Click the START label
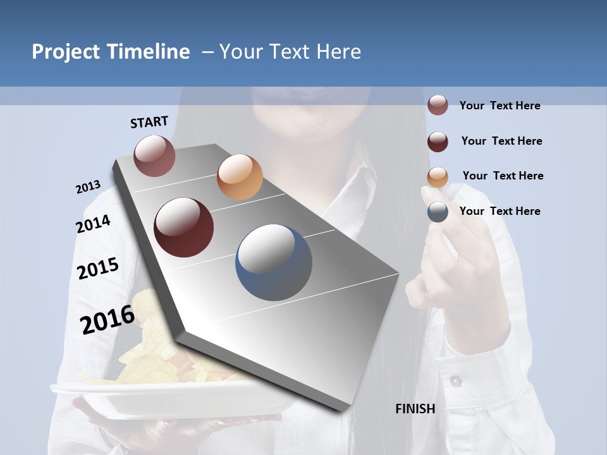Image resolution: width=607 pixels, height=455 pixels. pos(149,122)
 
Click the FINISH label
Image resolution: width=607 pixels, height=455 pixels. pos(415,409)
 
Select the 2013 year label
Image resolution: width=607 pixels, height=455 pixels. pos(88,187)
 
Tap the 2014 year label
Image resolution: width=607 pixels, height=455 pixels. pos(93,224)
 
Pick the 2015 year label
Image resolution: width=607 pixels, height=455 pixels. pos(98,269)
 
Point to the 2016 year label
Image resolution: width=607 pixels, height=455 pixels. pos(107,319)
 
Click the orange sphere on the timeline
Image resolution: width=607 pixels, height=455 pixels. pos(240,177)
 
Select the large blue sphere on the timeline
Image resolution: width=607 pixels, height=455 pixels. pos(274,262)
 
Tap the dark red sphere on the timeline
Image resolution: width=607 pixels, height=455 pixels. pos(183,227)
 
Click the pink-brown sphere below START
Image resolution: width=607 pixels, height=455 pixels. pos(155,155)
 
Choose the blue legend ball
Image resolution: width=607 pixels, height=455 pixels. pos(438,212)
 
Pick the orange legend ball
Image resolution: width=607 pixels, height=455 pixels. pos(438,177)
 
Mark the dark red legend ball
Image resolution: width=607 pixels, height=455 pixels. pos(438,142)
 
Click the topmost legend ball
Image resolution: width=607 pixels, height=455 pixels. pos(438,105)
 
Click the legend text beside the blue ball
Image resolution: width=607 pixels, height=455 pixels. pos(500,211)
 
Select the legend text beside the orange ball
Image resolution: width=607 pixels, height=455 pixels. pos(503,176)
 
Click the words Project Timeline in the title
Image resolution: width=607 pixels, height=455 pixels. pos(111,52)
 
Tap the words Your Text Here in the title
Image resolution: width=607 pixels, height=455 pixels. pos(290,52)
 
